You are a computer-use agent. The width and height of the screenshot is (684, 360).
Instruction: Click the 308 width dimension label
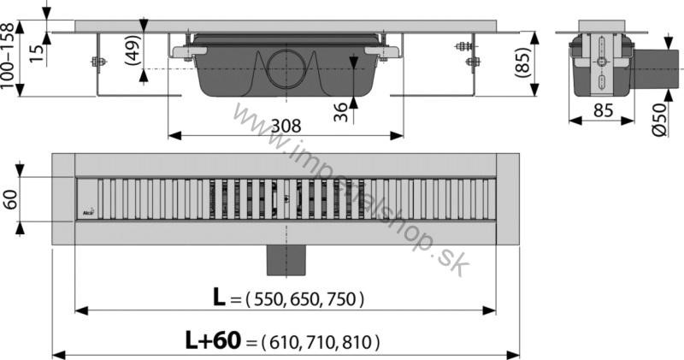coord(286,126)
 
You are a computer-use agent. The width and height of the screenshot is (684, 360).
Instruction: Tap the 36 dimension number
coord(340,112)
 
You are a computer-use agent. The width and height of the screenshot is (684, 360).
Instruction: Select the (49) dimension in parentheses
coord(133,50)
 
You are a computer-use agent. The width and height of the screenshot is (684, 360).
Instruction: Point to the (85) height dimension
coord(522,62)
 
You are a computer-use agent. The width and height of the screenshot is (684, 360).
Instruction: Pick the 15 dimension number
coord(38,52)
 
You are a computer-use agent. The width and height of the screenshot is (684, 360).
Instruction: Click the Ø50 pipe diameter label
coord(660,120)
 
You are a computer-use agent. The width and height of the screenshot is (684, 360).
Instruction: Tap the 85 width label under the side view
coord(604,111)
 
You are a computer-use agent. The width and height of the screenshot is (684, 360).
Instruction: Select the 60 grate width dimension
coord(11,199)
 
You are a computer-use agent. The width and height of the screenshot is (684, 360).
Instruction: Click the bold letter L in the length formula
coord(219,298)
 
